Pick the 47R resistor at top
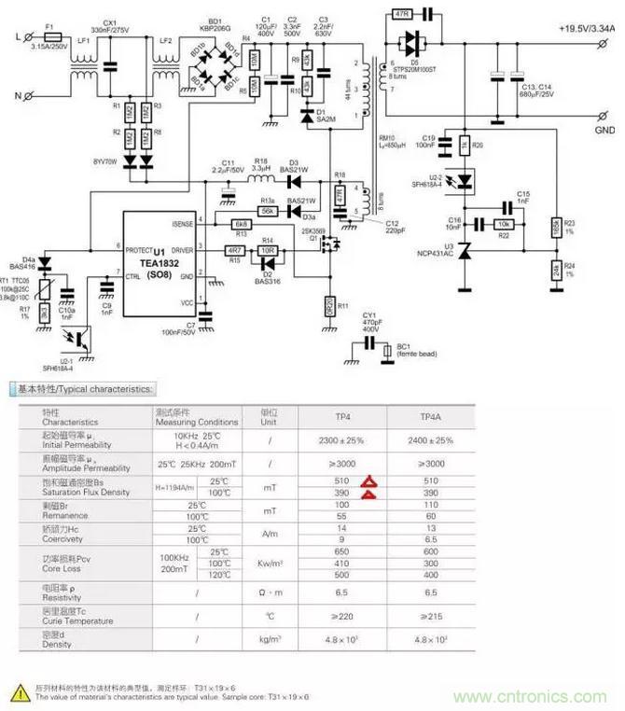pos(402,15)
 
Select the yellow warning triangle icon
pos(19,691)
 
